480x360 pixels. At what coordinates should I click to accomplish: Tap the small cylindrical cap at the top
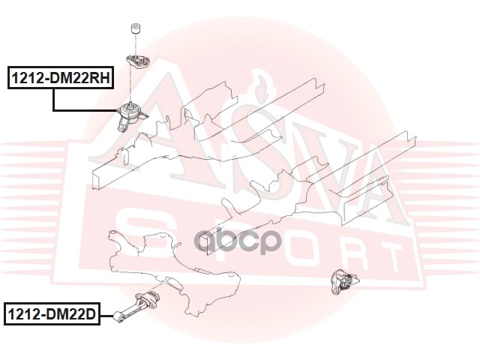[136, 31]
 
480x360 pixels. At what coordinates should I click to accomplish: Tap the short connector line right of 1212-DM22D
[106, 315]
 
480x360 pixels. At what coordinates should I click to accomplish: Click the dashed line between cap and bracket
[136, 43]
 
